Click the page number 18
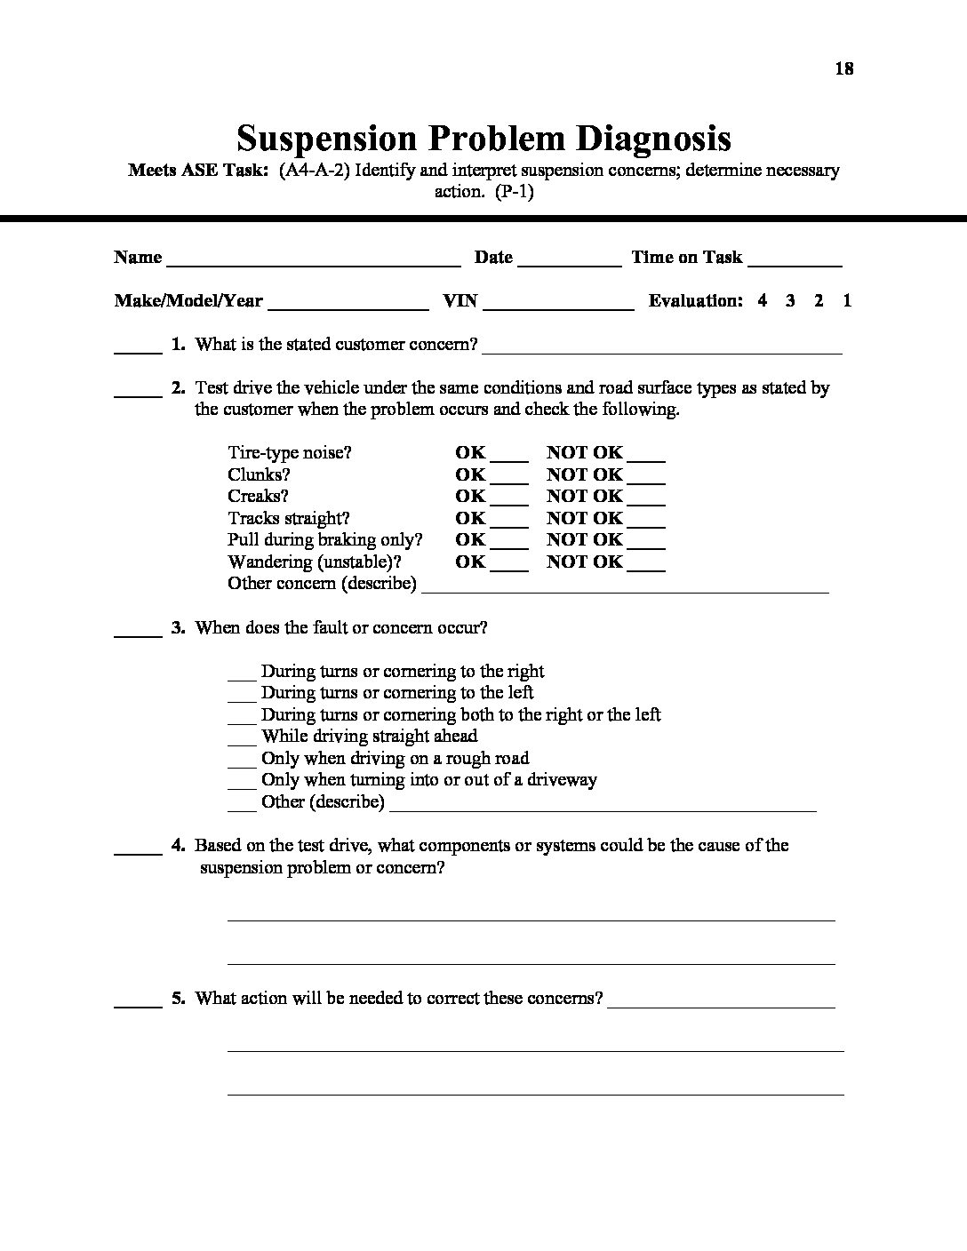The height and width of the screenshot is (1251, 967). coord(844,68)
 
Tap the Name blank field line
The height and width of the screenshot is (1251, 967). coord(313,263)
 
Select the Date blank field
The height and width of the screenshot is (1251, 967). coord(569,263)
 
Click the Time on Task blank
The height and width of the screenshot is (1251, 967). coord(795,263)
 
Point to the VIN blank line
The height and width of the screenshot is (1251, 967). coord(558,307)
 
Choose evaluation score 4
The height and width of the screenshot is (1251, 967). coord(763,300)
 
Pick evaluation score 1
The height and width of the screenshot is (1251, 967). coord(847,300)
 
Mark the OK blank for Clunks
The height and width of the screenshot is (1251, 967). coord(509,481)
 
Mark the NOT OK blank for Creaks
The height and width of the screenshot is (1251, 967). coord(646,502)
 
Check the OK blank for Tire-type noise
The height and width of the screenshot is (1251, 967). coord(509,458)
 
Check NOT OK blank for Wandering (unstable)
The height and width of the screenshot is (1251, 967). coord(646,568)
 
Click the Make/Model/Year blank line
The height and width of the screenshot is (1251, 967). coord(348,307)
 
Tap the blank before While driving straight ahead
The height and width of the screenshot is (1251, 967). coord(242,743)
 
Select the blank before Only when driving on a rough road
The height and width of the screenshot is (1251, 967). coord(242,764)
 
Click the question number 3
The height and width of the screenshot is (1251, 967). coord(178,627)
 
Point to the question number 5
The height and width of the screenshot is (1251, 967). coord(178,998)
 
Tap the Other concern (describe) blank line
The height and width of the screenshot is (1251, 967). coord(625,589)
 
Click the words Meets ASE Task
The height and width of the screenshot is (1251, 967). coord(198,170)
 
